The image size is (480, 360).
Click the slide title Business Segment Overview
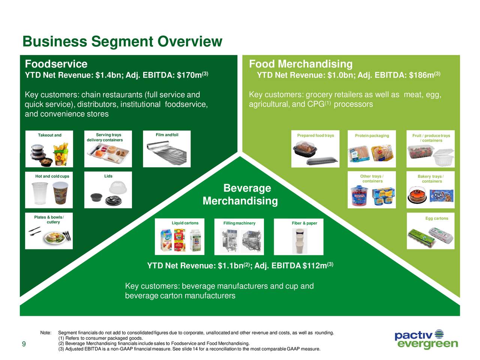coord(122,42)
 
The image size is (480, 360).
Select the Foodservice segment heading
coord(56,64)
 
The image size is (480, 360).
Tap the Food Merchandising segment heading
coord(300,64)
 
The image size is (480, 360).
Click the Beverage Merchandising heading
coord(240,194)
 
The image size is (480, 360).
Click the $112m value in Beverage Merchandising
coord(315,266)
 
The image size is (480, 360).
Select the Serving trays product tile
coord(108,149)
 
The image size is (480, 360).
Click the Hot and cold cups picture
coord(49,190)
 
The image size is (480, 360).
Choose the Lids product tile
coord(108,190)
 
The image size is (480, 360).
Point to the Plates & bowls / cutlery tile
coord(49,231)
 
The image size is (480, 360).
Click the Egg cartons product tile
coord(430,231)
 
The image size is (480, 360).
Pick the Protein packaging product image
coord(372,149)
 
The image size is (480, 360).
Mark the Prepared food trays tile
coord(315,149)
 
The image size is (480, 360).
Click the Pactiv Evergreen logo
coord(426,339)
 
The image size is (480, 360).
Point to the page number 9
coord(24,345)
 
